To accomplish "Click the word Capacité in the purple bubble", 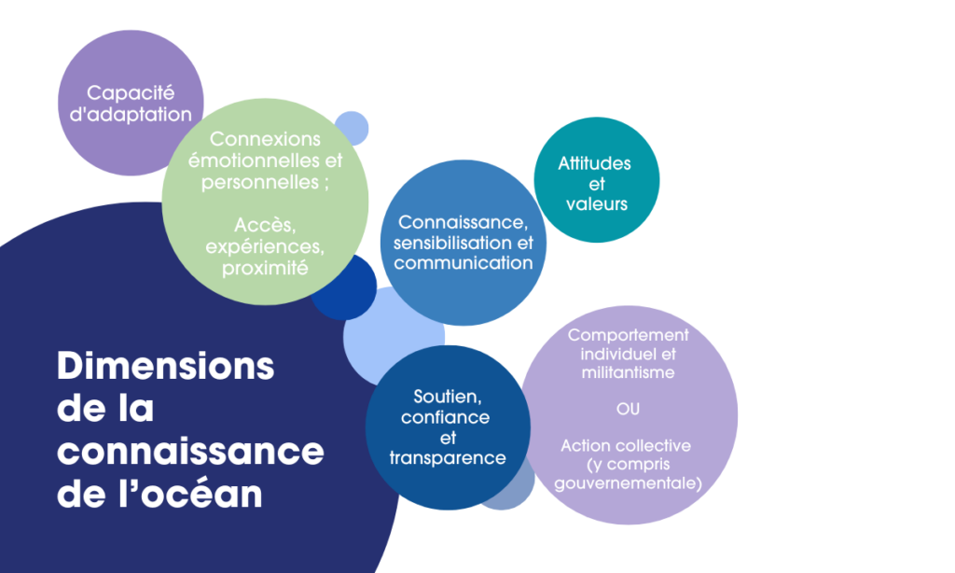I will [x=131, y=92].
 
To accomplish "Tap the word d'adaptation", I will [x=131, y=115].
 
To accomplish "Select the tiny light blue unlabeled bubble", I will [x=353, y=127].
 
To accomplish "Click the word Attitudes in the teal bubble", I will [x=595, y=163].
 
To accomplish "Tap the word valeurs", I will [x=597, y=203].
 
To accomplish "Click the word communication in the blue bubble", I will [x=464, y=263].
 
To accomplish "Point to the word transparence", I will [x=448, y=458].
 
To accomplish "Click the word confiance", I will [x=446, y=418].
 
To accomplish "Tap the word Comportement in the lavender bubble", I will [x=628, y=335].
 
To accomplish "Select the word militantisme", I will [x=628, y=372].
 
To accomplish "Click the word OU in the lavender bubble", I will [x=628, y=409].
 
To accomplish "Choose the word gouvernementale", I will [x=628, y=482].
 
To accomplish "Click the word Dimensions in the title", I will [x=166, y=366].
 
